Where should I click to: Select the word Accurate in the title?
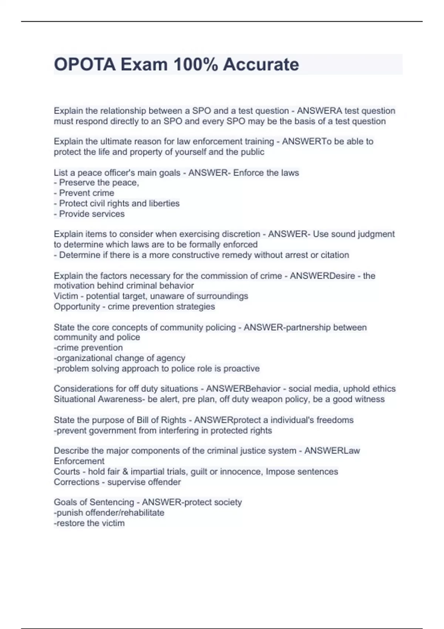261,65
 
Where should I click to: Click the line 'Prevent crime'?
84,193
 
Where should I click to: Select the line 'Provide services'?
89,214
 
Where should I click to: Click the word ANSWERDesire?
322,276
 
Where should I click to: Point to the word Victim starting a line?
66,296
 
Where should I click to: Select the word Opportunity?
77,307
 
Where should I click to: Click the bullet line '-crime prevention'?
88,348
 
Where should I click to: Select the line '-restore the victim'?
89,523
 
